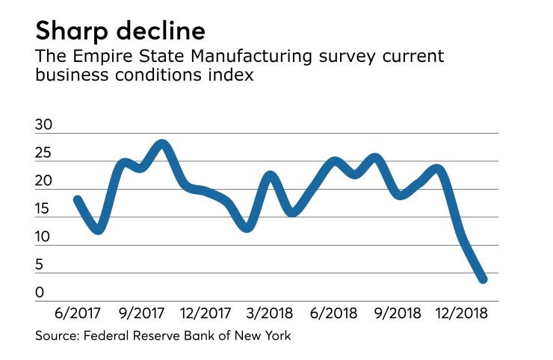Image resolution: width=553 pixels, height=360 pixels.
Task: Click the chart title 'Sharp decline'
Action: click(119, 33)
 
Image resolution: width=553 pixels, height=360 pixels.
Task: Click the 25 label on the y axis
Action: click(44, 155)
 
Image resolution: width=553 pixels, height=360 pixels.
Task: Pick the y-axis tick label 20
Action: click(44, 182)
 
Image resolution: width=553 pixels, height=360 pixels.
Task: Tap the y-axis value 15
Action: click(44, 210)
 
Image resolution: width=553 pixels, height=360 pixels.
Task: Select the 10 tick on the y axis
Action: click(44, 238)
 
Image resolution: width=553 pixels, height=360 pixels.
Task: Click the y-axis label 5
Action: click(40, 266)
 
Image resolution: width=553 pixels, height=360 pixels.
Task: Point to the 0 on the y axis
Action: click(40, 294)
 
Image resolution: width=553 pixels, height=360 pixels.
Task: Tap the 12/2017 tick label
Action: click(206, 311)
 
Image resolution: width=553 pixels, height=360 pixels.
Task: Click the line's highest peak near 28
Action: click(163, 143)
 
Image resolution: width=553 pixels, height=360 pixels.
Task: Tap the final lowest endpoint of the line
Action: click(483, 279)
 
